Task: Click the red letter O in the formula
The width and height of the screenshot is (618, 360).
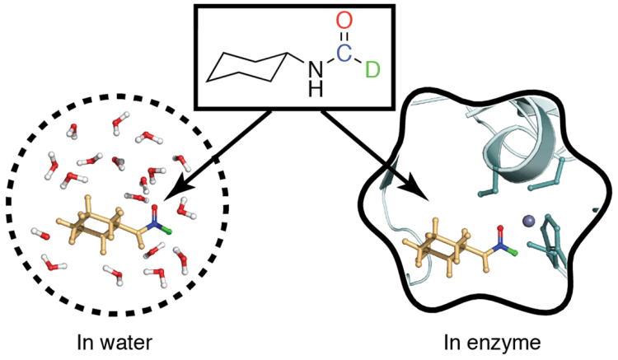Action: pos(344,20)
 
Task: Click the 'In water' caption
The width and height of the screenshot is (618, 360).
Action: pos(109,339)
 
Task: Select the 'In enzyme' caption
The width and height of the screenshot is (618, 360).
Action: pos(501,339)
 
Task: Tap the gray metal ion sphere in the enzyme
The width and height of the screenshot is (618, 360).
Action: pos(527,220)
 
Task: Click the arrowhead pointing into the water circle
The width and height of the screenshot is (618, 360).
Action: pos(170,197)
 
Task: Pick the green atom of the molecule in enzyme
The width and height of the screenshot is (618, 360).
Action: pos(512,246)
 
